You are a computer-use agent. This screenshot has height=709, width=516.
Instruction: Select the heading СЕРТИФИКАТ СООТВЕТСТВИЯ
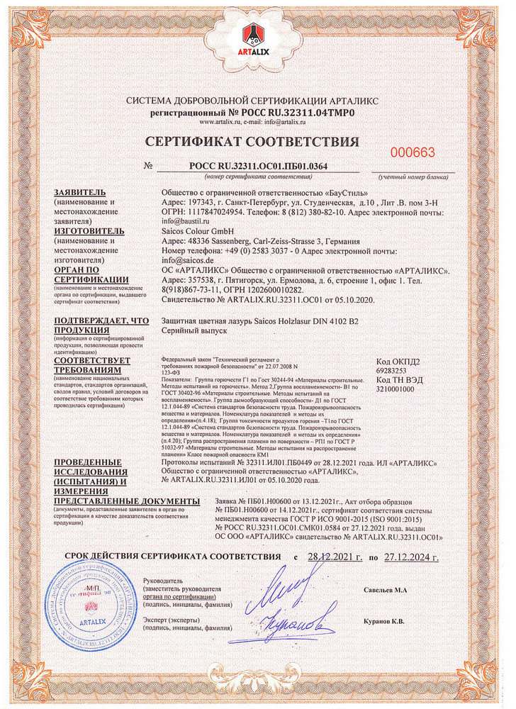pyautogui.click(x=258, y=141)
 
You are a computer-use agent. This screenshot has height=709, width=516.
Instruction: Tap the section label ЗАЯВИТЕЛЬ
pyautogui.click(x=80, y=193)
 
